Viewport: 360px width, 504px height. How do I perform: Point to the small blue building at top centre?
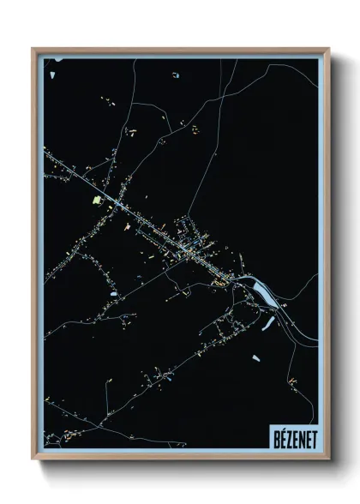pyautogui.click(x=175, y=75)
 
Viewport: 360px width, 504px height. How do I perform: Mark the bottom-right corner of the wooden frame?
pyautogui.click(x=328, y=459)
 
